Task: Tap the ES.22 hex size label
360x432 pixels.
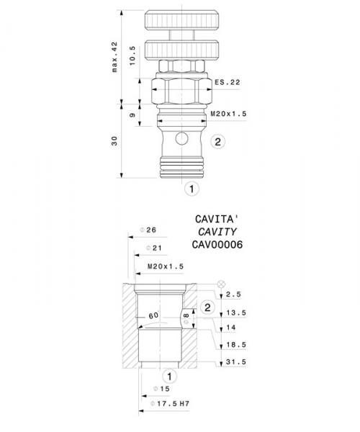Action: [x=226, y=83]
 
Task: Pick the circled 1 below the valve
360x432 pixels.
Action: [x=191, y=189]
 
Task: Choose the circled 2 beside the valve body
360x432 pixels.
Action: [x=217, y=141]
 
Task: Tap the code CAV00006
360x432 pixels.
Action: [x=217, y=245]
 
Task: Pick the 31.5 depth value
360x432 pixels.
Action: [x=235, y=362]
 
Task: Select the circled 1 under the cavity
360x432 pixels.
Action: [x=168, y=376]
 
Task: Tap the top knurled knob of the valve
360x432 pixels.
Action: [x=176, y=19]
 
